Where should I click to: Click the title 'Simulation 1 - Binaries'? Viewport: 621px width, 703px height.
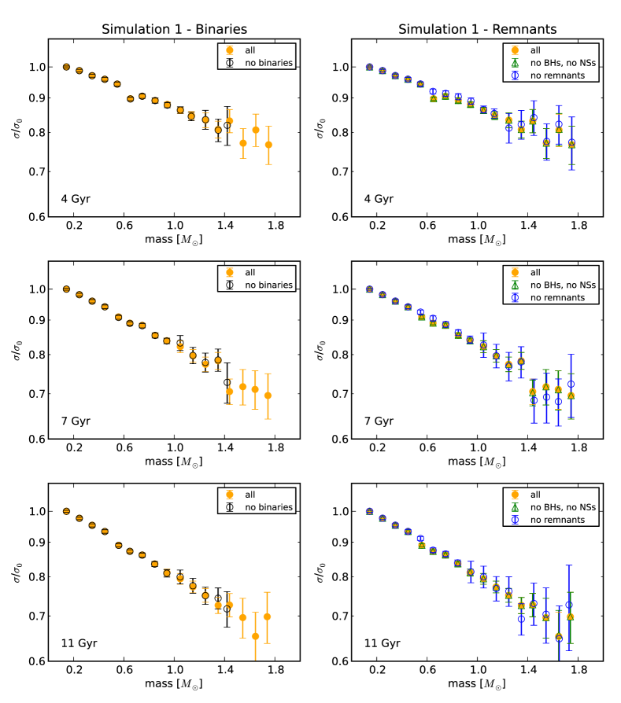coord(174,29)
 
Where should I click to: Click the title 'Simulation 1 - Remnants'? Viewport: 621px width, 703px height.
coord(477,29)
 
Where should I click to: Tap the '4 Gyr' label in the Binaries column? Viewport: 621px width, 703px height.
coord(76,198)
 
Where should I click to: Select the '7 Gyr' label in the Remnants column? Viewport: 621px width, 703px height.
coord(379,421)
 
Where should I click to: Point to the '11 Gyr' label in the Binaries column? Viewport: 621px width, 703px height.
coord(79,642)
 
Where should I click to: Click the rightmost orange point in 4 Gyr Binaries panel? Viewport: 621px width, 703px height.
coord(268,145)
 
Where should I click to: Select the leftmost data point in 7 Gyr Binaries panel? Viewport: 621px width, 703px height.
coord(66,289)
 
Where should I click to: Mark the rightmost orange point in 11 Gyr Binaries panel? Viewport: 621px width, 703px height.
coord(268,617)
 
